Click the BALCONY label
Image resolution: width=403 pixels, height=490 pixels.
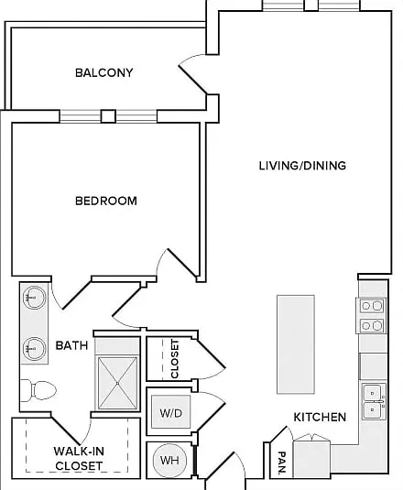pos(104,72)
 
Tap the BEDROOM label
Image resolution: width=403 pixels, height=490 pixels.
pos(106,201)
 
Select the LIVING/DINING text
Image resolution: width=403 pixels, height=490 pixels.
pos(303,165)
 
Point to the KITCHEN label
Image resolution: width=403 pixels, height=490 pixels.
pos(320,417)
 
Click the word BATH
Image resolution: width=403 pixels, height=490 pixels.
pos(71,345)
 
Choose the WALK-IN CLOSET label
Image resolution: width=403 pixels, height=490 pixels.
pos(79,459)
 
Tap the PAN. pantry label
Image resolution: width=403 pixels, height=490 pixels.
pos(282,463)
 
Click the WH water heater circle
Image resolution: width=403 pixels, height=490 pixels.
pos(169,460)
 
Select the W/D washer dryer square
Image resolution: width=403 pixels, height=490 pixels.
pos(171,411)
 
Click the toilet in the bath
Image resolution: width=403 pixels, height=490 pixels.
pos(38,390)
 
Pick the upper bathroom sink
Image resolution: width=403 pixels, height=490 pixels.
pos(35,298)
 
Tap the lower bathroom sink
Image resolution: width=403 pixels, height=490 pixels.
pos(35,348)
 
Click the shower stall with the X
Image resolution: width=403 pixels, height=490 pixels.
pos(117,383)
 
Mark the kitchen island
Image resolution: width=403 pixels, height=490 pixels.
pos(296,344)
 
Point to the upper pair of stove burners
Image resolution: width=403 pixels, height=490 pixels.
pos(372,306)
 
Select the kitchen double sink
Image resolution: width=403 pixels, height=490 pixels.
pos(374,402)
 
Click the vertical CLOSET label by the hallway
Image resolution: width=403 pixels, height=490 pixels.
pos(175,359)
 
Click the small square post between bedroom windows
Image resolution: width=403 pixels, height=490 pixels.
pos(108,116)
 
